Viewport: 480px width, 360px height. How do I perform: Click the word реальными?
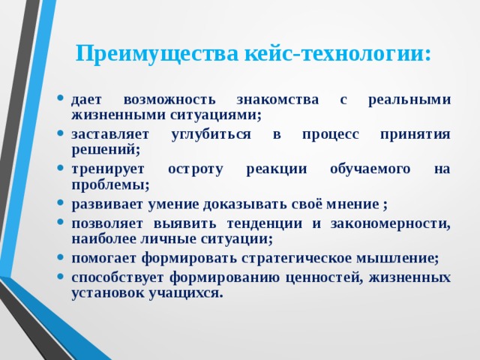point(410,99)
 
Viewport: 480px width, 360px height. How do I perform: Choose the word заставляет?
point(110,134)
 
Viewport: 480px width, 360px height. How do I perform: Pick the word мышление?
point(403,258)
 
